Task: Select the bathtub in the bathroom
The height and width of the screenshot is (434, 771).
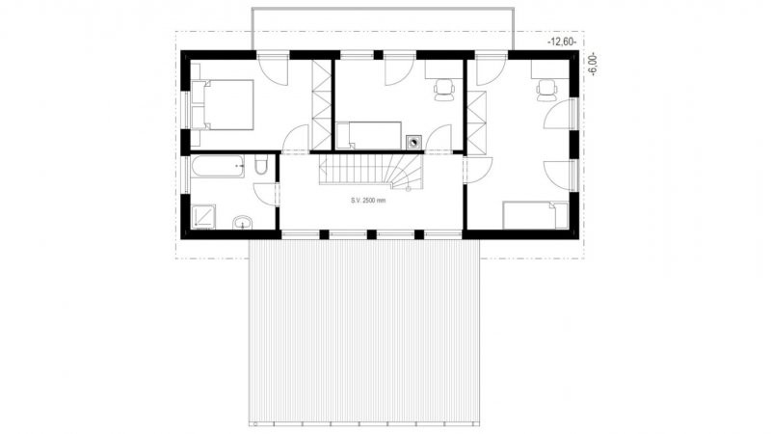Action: coord(218,166)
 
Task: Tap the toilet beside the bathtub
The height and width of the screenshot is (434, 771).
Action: coord(261,164)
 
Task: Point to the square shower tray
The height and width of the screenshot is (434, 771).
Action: coord(203,216)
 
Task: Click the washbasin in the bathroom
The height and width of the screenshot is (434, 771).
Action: coord(242,223)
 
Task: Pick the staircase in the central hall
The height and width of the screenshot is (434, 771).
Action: coord(371,171)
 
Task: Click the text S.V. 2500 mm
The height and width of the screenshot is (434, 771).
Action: coord(368,201)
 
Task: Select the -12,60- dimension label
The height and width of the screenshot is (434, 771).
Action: coord(562,42)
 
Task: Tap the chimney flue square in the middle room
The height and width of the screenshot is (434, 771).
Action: coord(413,142)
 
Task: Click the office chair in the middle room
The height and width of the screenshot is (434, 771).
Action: coord(443,90)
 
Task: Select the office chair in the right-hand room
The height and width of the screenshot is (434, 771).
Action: coord(546,91)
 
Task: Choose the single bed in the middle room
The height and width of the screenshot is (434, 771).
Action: coord(369,135)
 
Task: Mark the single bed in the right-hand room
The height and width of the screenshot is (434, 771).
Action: coord(536,215)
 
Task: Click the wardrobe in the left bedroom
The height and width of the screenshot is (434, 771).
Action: coord(322,105)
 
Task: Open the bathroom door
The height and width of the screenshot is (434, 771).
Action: coord(267,194)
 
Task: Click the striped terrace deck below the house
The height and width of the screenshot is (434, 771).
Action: coord(364,332)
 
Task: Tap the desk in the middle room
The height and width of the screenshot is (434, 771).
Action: coord(443,69)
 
